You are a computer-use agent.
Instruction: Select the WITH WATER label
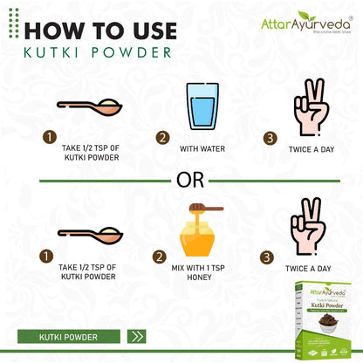202,149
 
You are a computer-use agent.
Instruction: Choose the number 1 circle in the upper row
51,138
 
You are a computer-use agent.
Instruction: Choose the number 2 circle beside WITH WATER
162,138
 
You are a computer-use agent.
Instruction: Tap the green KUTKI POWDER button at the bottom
69,336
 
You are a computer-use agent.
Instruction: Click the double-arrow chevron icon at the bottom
137,336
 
